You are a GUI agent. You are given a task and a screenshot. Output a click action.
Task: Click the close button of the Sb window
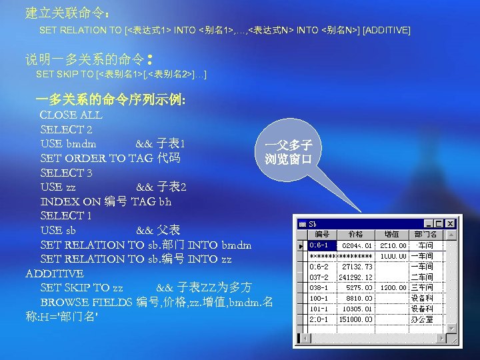[x=451, y=224]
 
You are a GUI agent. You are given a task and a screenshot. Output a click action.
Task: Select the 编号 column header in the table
[x=323, y=235]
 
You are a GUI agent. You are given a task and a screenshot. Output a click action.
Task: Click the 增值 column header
[x=393, y=235]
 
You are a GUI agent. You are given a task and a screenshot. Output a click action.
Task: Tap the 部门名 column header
[x=425, y=235]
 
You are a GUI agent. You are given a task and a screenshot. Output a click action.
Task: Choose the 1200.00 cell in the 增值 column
[x=393, y=288]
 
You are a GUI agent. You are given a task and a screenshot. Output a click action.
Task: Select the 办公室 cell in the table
[x=422, y=320]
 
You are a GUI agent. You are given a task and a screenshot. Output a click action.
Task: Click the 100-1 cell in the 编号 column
[x=319, y=299]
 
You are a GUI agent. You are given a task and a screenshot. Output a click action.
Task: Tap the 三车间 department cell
[x=422, y=288]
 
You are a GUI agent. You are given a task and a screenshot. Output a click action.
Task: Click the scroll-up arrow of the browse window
[x=451, y=235]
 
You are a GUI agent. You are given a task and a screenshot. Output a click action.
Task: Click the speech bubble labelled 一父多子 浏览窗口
[x=293, y=153]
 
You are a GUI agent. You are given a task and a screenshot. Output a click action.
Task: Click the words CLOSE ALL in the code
[x=71, y=115]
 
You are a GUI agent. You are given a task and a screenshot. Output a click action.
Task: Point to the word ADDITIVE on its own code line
[x=54, y=273]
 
